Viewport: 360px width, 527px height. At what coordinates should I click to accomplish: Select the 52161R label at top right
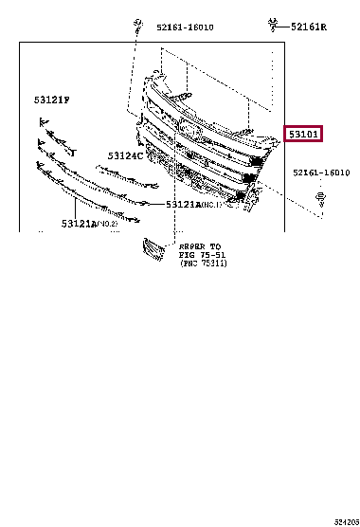pyautogui.click(x=308, y=26)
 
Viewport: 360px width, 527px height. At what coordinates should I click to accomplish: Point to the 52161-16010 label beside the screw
pyautogui.click(x=320, y=173)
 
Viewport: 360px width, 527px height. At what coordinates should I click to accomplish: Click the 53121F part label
pyautogui.click(x=53, y=99)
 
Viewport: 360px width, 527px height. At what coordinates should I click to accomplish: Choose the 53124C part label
pyautogui.click(x=124, y=154)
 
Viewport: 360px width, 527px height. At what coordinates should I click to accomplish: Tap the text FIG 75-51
pyautogui.click(x=200, y=253)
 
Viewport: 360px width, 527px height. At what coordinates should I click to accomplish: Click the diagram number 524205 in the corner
pyautogui.click(x=346, y=520)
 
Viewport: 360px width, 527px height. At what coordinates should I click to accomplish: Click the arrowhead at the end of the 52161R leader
pyautogui.click(x=282, y=27)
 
